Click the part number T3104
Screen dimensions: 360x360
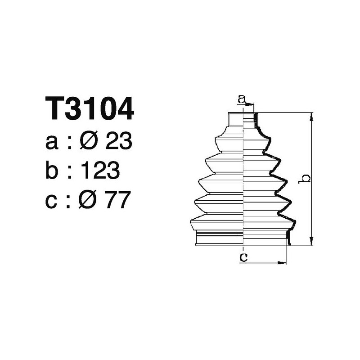click(x=90, y=109)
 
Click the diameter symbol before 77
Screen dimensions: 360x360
click(x=89, y=200)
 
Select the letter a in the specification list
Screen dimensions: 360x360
click(x=52, y=143)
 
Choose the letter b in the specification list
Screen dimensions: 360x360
click(x=52, y=171)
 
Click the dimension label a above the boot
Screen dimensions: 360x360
click(x=242, y=99)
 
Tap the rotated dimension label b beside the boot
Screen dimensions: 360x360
click(x=305, y=178)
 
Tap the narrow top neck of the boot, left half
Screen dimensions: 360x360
click(x=236, y=119)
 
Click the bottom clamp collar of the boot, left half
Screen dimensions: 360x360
click(x=219, y=238)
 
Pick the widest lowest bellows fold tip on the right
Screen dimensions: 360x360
click(x=295, y=221)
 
